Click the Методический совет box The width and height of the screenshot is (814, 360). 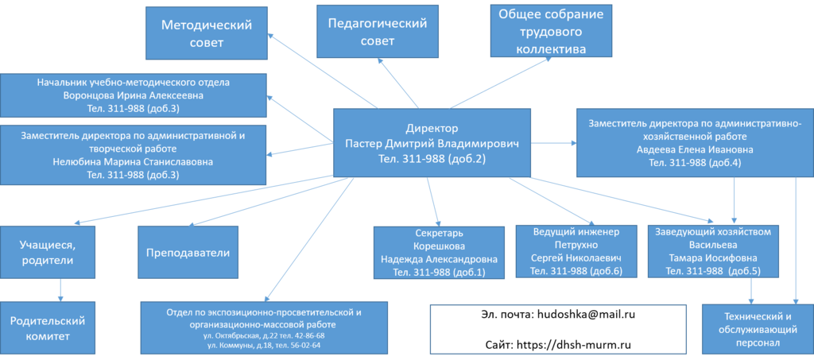click(207, 33)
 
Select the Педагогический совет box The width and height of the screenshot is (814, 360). click(378, 32)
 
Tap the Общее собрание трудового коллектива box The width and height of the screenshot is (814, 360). click(551, 32)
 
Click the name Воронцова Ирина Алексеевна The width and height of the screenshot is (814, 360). click(134, 95)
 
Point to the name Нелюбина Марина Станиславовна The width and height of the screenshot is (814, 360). click(134, 162)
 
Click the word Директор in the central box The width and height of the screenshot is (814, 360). click(432, 128)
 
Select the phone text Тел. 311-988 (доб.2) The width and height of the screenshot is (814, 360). click(432, 159)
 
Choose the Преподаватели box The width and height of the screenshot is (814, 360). click(188, 253)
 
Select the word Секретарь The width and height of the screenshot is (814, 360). click(439, 234)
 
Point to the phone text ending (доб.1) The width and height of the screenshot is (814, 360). click(439, 273)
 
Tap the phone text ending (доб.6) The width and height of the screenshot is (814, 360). click(575, 271)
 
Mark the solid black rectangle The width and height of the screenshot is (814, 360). click(556, 328)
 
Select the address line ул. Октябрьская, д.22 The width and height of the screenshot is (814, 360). click(264, 336)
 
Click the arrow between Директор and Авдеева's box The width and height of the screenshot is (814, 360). click(553, 144)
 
